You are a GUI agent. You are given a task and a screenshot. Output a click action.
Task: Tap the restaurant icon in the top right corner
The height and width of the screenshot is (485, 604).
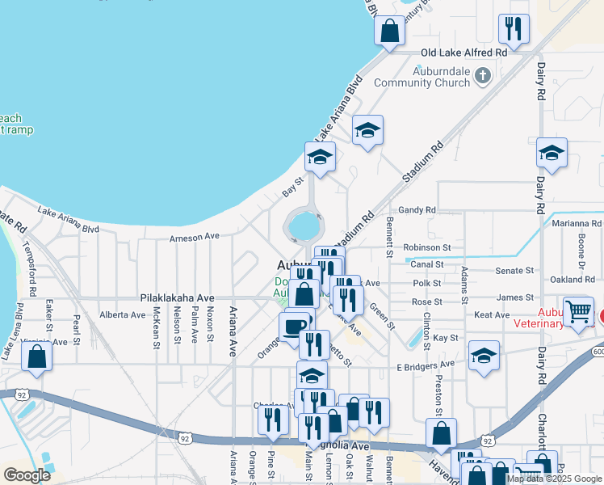point(514,30)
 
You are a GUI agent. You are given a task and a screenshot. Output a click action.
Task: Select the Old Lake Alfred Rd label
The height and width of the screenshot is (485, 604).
point(464,52)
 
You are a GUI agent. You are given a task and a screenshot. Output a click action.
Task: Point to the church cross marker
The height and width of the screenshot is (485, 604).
point(483,77)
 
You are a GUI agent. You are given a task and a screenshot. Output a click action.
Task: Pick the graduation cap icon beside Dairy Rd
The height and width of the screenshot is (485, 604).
point(552,153)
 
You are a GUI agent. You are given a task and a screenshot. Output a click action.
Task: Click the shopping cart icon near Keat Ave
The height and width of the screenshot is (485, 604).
point(578,311)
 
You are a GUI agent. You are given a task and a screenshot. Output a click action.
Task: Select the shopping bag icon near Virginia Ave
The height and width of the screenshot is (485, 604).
point(37,356)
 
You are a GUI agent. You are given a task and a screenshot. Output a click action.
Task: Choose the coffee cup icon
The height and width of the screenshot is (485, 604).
point(293,327)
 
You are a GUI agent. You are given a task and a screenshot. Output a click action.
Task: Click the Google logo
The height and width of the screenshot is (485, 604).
point(27,475)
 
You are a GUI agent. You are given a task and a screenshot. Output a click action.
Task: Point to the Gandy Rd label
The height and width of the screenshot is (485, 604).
point(417,209)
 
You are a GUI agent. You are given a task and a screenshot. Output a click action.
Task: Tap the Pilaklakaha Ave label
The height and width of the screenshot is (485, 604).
point(178,297)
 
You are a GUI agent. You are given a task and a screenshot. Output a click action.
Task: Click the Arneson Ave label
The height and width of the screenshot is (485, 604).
point(194,238)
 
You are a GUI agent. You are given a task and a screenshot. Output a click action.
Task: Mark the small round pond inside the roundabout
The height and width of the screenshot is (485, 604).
point(303,226)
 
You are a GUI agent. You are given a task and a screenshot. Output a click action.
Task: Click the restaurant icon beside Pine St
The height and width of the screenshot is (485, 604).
point(273,420)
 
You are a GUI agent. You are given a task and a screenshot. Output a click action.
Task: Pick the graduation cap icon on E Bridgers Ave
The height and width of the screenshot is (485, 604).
point(483,356)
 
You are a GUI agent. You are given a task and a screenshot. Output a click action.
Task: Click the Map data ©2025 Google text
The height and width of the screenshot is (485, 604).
point(552,479)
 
